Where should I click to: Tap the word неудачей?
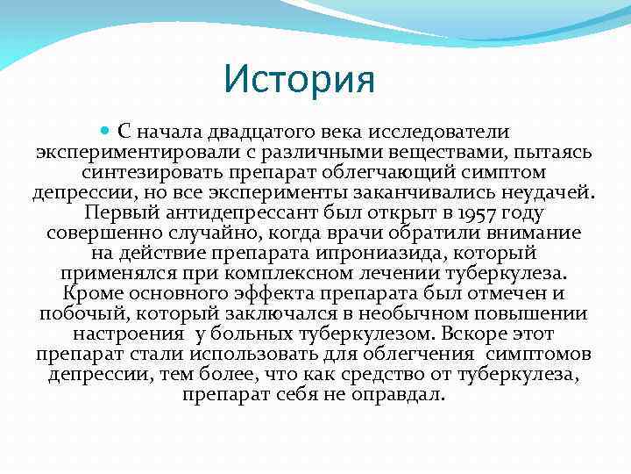pyautogui.click(x=542, y=192)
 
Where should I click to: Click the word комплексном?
pyautogui.click(x=325, y=273)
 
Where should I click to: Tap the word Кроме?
pyautogui.click(x=92, y=293)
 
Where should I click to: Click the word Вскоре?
pyautogui.click(x=477, y=334)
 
